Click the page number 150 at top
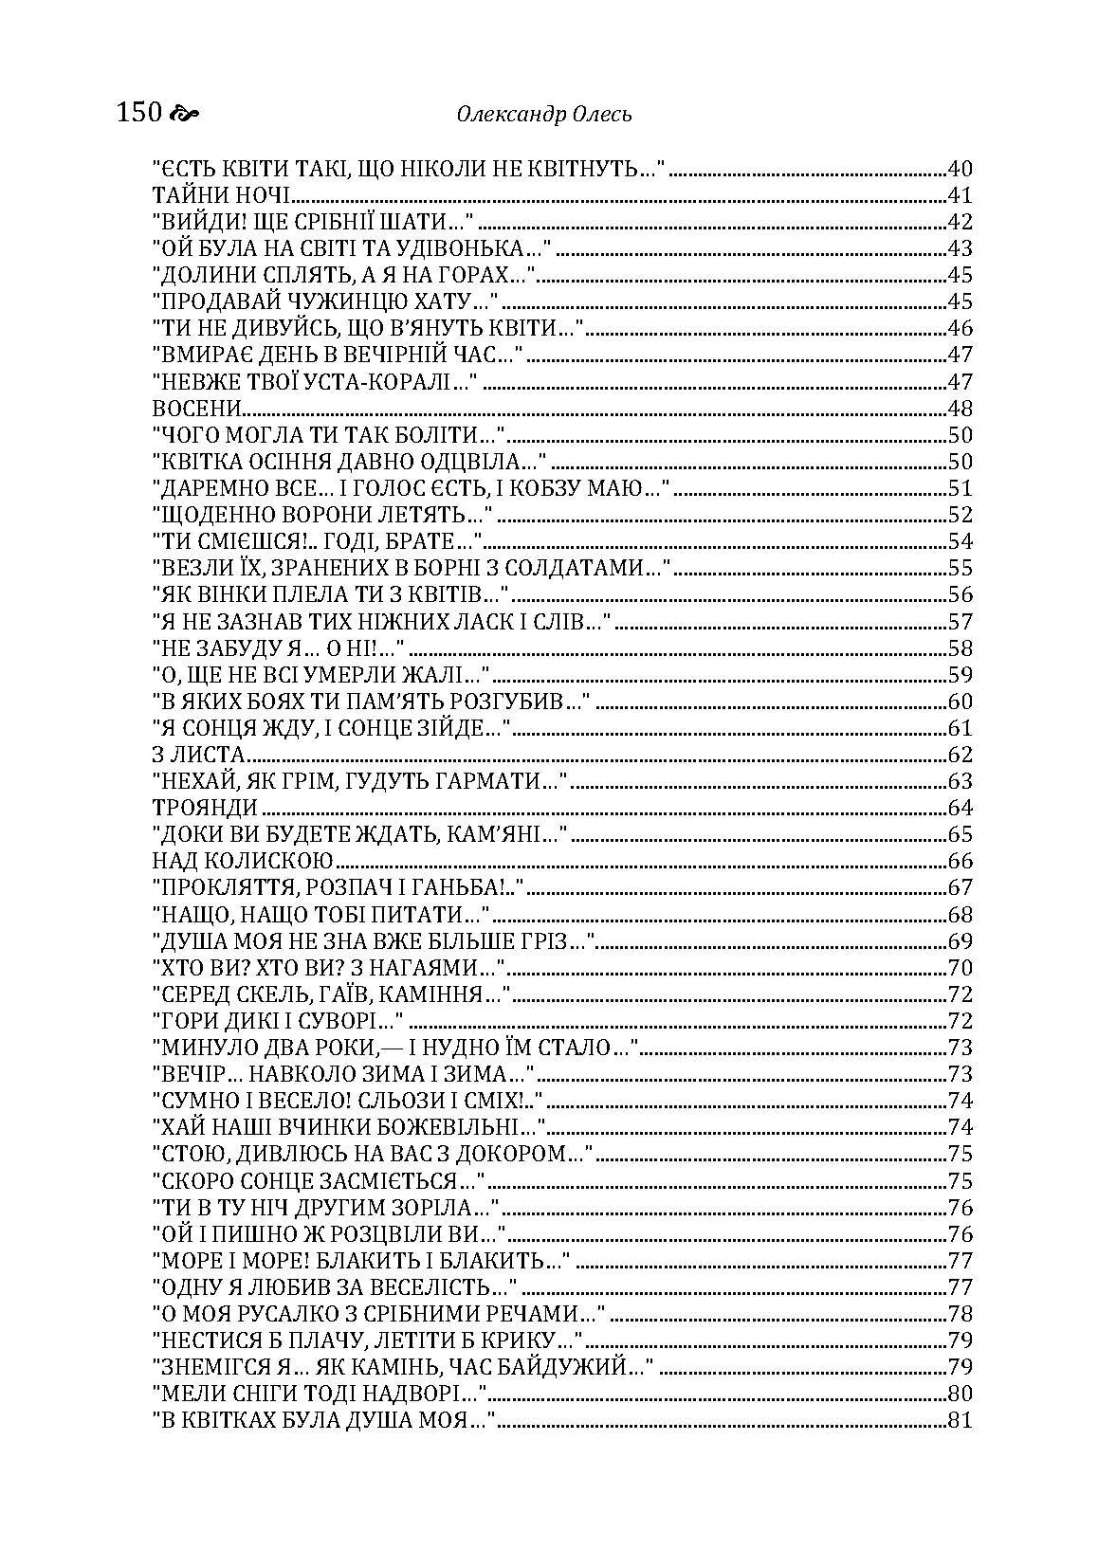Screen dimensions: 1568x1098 pyautogui.click(x=138, y=115)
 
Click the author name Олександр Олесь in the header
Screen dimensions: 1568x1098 pyautogui.click(x=543, y=116)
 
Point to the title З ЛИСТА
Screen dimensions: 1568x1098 pyautogui.click(x=199, y=756)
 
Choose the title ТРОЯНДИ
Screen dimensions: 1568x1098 pyautogui.click(x=205, y=809)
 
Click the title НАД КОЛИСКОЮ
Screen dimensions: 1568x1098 pyautogui.click(x=243, y=862)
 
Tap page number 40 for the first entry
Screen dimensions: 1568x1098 pyautogui.click(x=961, y=171)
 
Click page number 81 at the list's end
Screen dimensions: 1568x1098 pyautogui.click(x=961, y=1420)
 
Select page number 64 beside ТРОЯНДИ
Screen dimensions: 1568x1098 pyautogui.click(x=961, y=809)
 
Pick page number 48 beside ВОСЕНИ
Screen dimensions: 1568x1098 pyautogui.click(x=961, y=410)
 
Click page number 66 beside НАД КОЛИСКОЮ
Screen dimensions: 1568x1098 pyautogui.click(x=961, y=862)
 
